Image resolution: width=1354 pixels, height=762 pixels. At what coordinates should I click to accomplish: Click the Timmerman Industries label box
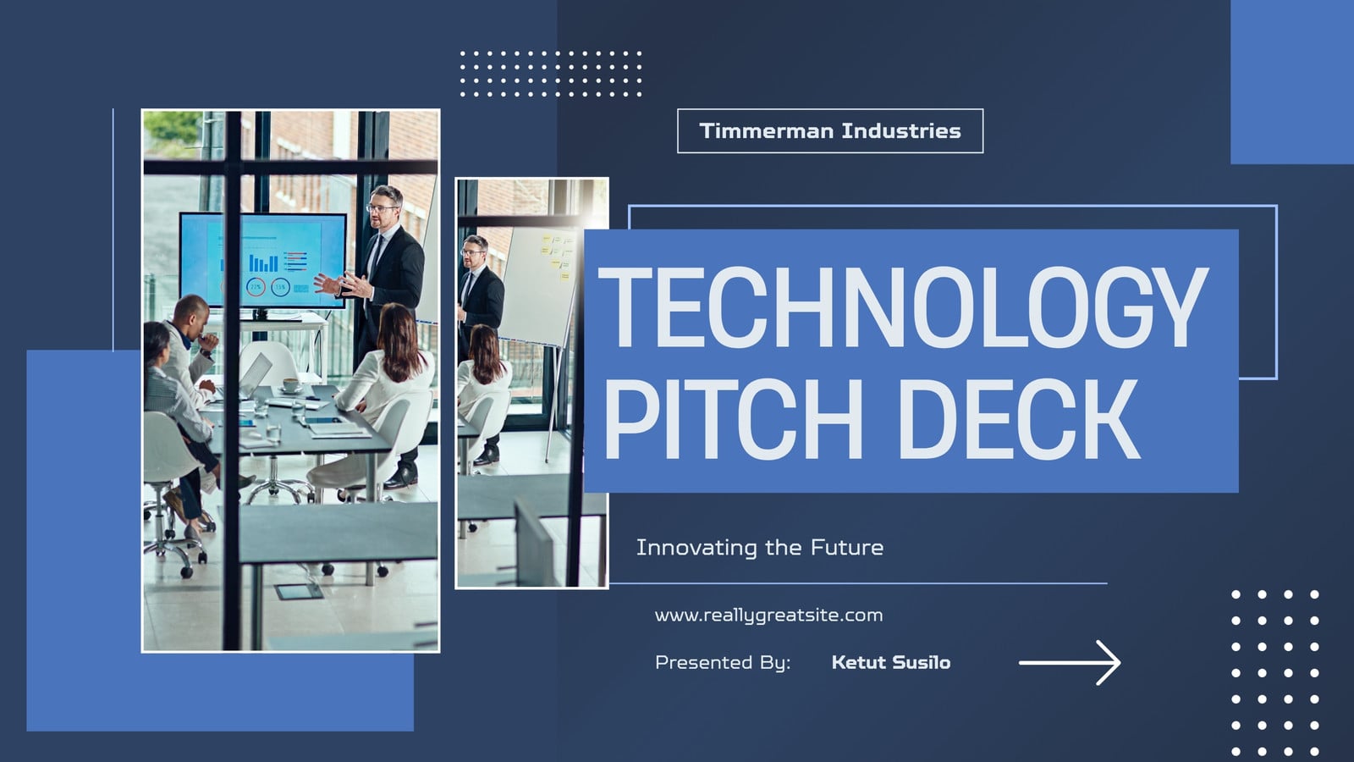click(830, 130)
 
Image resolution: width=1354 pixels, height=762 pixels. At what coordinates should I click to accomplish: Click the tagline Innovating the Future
click(760, 547)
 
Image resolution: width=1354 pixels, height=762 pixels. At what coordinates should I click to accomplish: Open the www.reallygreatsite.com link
click(768, 616)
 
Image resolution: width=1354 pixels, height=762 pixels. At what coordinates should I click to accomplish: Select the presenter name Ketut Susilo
click(891, 662)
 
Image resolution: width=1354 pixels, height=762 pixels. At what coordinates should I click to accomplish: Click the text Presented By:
click(723, 663)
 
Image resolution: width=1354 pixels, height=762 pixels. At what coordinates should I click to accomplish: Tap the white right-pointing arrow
click(1070, 663)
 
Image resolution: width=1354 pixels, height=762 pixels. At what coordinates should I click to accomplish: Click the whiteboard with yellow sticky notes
click(539, 284)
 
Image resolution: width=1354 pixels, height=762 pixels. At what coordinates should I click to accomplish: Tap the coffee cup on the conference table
click(291, 384)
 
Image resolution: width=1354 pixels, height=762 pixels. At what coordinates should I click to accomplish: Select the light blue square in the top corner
click(1292, 81)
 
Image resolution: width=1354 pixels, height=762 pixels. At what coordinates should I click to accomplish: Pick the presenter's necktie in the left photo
click(376, 257)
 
